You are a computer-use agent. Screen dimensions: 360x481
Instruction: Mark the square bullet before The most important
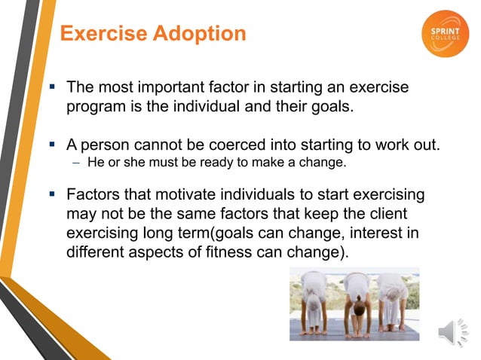[54, 88]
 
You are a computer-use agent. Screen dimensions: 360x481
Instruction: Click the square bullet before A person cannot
[54, 145]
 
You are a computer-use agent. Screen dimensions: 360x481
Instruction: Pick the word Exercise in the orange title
[102, 34]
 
